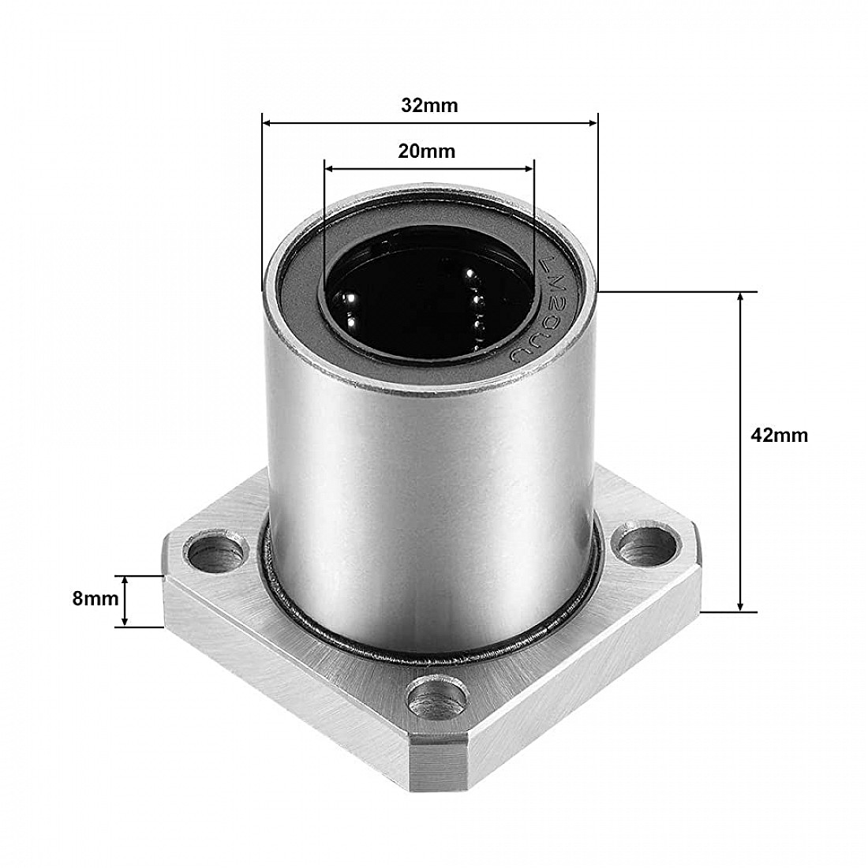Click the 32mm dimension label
[x=428, y=105]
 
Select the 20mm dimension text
[x=427, y=151]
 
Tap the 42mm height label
[x=780, y=435]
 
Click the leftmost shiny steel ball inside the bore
[x=348, y=301]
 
